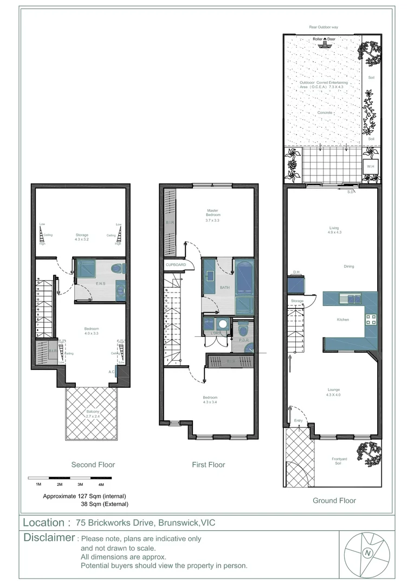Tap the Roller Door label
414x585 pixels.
click(325, 40)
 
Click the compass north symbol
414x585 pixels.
click(368, 553)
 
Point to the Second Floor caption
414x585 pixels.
click(93, 465)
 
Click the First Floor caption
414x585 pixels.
click(209, 465)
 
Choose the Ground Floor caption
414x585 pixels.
click(334, 501)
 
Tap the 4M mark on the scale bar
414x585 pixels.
click(101, 484)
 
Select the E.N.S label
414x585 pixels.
click(100, 283)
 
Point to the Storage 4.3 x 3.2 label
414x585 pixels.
click(82, 237)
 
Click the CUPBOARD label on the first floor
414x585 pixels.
click(176, 265)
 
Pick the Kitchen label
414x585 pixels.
click(343, 320)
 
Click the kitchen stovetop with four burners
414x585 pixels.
click(371, 319)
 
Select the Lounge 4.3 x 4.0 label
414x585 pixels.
click(333, 392)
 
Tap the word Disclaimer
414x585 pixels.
click(49, 538)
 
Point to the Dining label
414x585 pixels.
click(348, 266)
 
